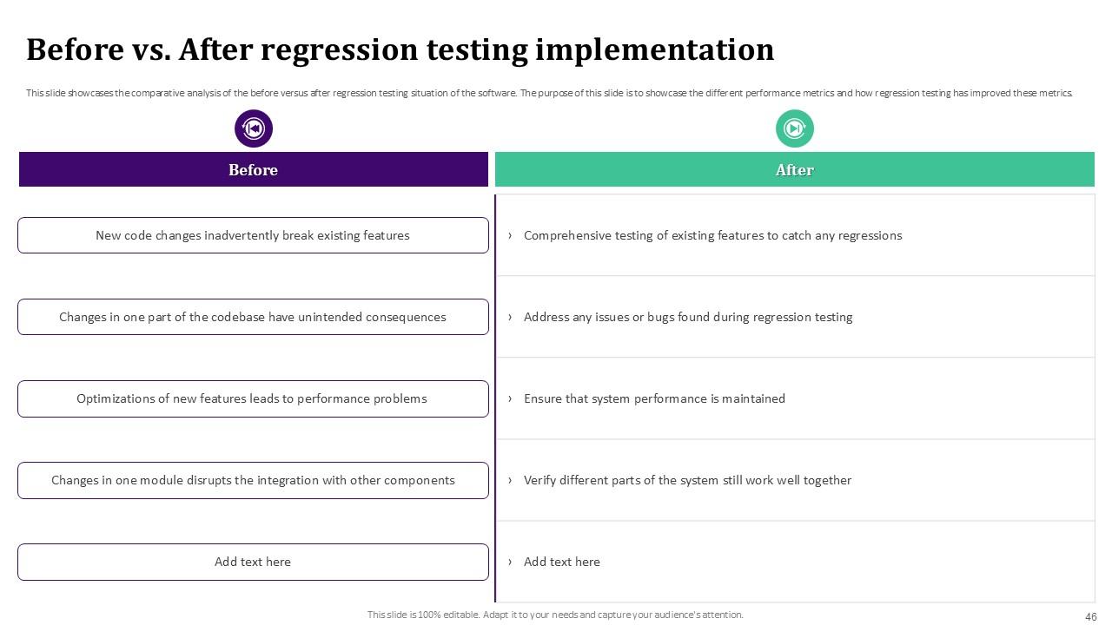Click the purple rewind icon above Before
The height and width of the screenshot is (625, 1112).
point(254,128)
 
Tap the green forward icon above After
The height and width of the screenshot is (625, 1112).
point(794,128)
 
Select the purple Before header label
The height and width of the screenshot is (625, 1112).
point(253,170)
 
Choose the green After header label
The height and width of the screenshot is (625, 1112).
point(794,170)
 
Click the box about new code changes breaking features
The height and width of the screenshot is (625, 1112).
point(253,235)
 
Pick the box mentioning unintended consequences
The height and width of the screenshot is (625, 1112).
point(253,317)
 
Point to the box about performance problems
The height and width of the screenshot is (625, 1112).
point(253,398)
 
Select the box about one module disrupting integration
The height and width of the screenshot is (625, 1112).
point(253,480)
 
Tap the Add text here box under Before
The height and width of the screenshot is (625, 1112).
point(253,562)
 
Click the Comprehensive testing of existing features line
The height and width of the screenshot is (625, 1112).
point(712,235)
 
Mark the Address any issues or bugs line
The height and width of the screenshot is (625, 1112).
point(687,317)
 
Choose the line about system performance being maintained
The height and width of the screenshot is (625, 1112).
point(654,398)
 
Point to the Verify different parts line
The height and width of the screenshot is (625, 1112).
point(687,480)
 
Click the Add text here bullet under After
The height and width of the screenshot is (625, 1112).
point(561,562)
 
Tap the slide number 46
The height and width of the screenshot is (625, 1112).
point(1091,617)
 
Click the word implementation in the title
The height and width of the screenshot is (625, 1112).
point(654,50)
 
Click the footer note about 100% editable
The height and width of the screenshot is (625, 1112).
point(555,615)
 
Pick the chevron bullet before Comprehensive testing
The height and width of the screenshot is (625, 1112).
point(510,235)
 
